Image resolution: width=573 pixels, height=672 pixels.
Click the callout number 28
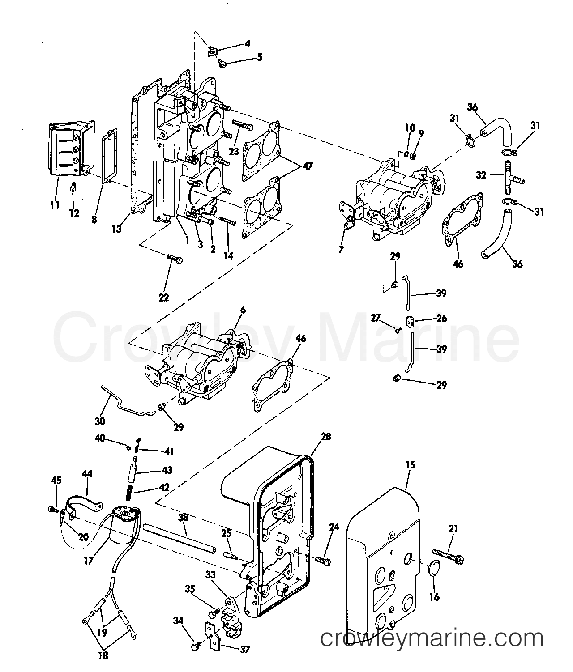click(326, 437)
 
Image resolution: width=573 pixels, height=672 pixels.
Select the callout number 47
click(308, 166)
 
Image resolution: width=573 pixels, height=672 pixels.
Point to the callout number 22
click(164, 298)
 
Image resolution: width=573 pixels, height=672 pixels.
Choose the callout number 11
click(55, 205)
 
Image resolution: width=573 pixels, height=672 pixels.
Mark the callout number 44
click(87, 474)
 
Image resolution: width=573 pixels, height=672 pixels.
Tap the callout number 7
click(341, 250)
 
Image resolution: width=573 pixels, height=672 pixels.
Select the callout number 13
click(116, 229)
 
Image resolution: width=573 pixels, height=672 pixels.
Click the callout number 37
click(245, 650)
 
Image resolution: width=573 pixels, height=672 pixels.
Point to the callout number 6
click(243, 310)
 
